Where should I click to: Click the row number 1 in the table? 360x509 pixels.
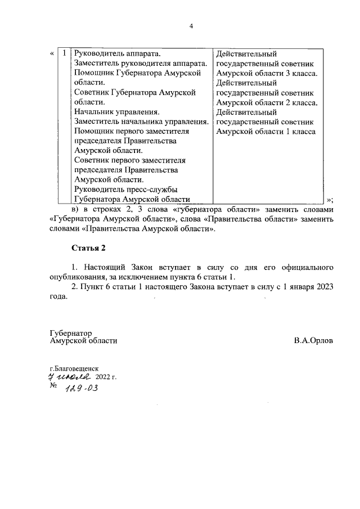click(x=65, y=54)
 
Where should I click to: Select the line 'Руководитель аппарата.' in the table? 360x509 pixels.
click(x=118, y=54)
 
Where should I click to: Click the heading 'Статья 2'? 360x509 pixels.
click(x=88, y=248)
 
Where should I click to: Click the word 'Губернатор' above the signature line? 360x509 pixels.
click(x=70, y=333)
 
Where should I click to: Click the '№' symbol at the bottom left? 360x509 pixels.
click(x=54, y=387)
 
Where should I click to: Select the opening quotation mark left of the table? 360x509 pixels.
click(x=52, y=54)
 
